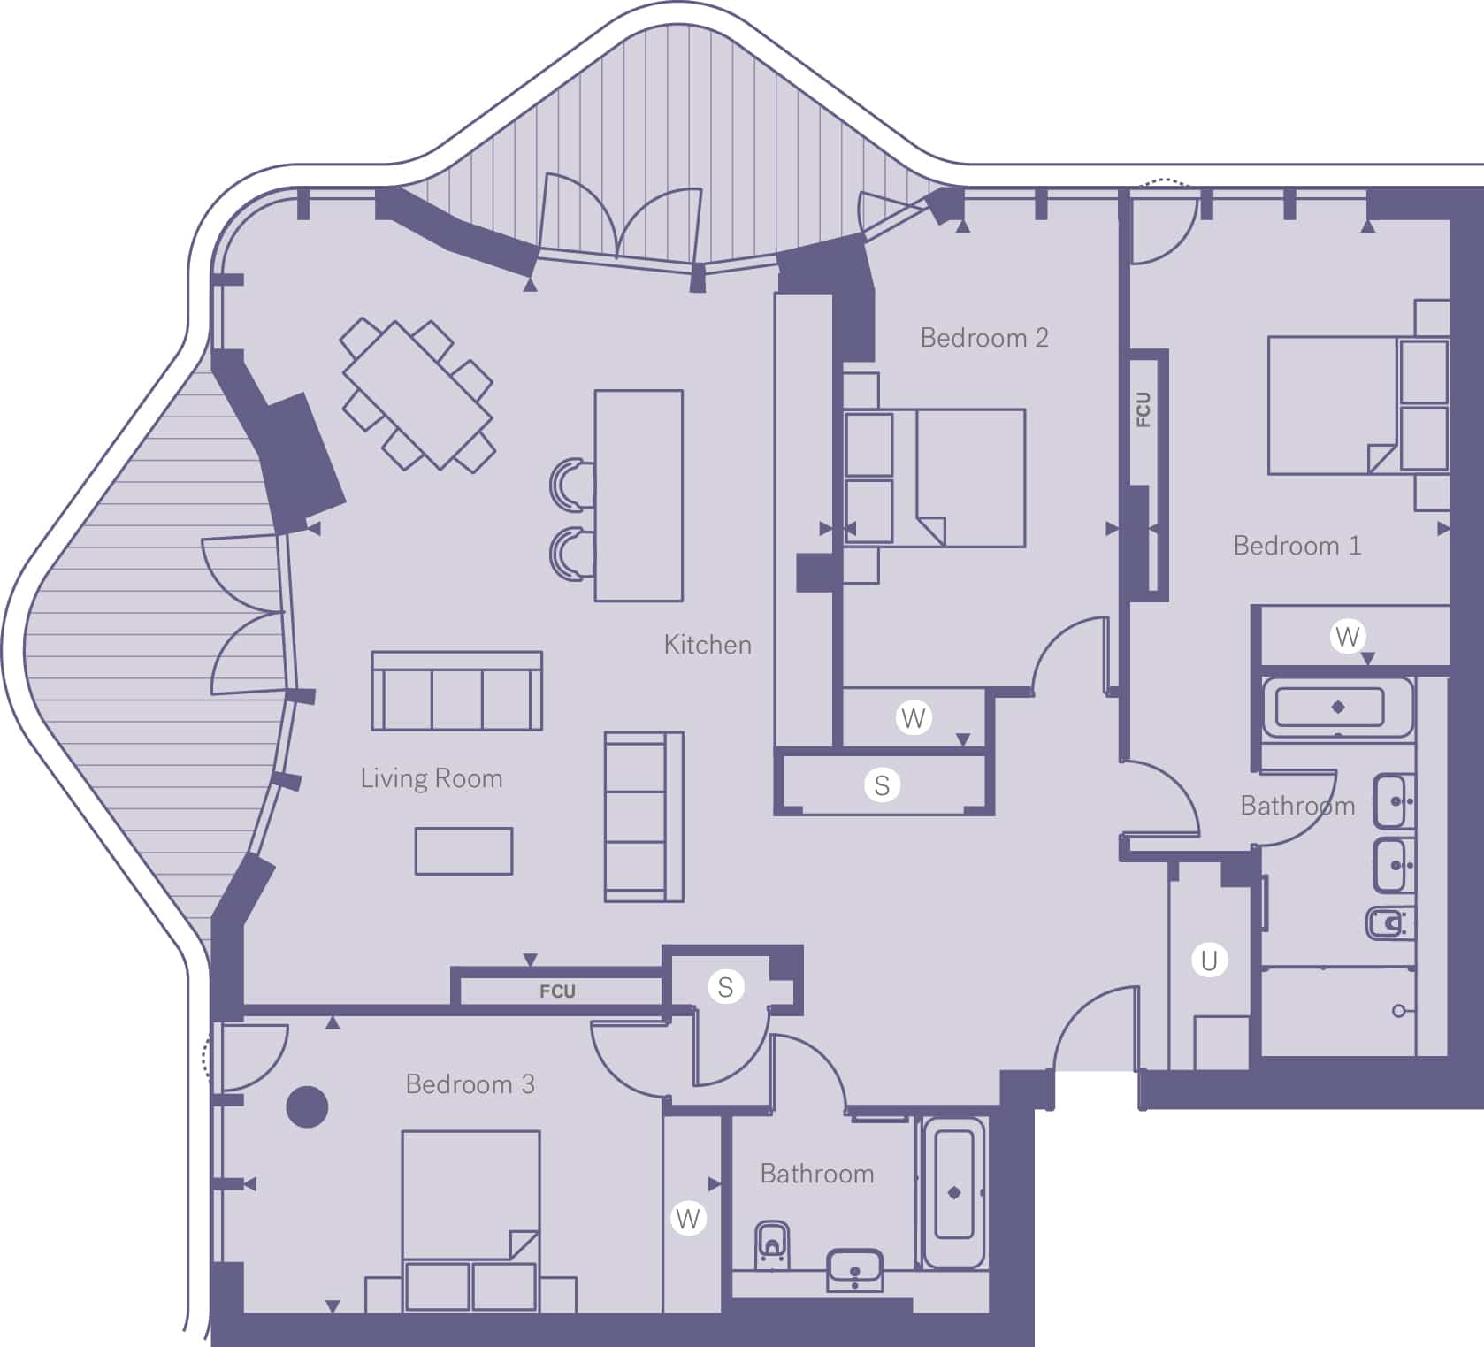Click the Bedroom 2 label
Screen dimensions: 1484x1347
coord(983,338)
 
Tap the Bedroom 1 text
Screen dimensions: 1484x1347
coord(1297,546)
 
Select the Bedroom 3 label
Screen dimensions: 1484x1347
coord(470,1084)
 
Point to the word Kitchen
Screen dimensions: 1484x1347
coord(708,645)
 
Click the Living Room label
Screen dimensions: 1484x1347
coord(432,778)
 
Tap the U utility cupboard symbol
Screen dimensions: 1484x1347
coord(1209,960)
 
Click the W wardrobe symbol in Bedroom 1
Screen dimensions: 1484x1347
coord(1347,636)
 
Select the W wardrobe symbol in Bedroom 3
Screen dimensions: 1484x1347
coord(688,1219)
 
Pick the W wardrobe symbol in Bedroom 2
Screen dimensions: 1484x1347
coord(914,717)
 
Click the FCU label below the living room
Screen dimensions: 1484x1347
coord(557,991)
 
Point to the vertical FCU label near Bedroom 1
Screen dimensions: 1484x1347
coord(1144,409)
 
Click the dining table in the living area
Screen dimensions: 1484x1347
coord(417,394)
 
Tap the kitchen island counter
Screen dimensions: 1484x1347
coord(639,495)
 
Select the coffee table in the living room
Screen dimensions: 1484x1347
coord(463,851)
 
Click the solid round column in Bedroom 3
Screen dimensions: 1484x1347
coord(308,1106)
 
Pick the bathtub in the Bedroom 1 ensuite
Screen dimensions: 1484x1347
coord(1338,707)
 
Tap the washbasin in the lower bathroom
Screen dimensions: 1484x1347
coord(854,1270)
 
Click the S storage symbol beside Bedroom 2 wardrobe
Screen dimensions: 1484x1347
coord(882,784)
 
